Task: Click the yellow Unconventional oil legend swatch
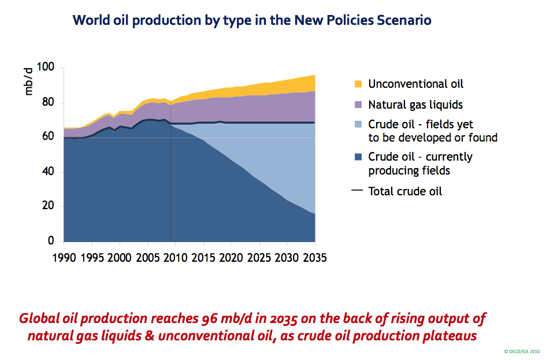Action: (x=358, y=84)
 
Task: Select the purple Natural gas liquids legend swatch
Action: (x=358, y=105)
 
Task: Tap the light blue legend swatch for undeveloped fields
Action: (x=358, y=124)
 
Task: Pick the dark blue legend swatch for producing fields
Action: (x=358, y=157)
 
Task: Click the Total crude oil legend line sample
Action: (x=357, y=191)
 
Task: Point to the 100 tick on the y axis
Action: (x=46, y=66)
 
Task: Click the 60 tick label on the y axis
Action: (x=48, y=136)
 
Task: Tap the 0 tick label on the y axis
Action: (x=51, y=240)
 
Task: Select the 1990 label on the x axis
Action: (x=64, y=258)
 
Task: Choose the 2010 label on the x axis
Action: (x=176, y=258)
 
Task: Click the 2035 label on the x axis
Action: (x=315, y=258)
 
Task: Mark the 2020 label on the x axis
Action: (x=231, y=258)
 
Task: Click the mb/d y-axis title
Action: (x=28, y=82)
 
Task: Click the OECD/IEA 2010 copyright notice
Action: (x=522, y=351)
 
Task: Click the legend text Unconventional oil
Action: (x=416, y=84)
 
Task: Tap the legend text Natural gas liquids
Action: (x=415, y=105)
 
